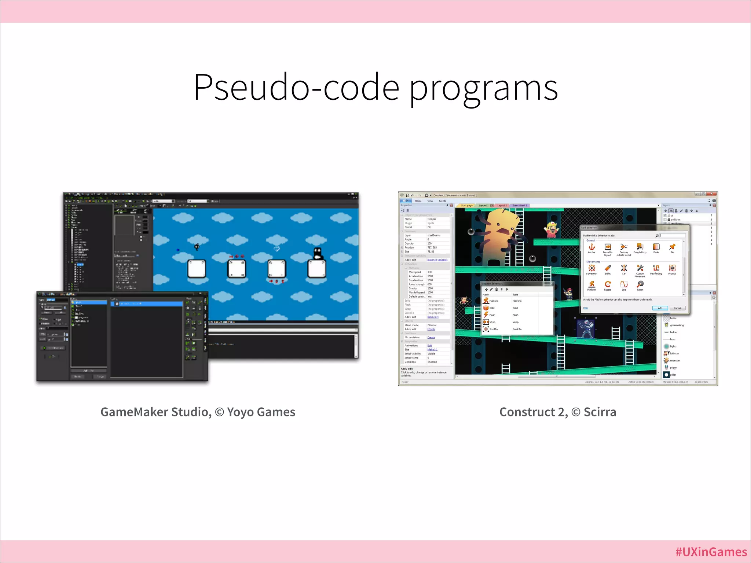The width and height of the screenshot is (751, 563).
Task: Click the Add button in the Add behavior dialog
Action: click(660, 308)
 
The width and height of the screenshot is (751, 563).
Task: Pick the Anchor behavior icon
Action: click(591, 247)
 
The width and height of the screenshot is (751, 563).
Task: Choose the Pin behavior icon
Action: click(672, 247)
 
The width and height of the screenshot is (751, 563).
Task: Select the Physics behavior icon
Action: click(672, 268)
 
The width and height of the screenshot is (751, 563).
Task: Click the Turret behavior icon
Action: click(640, 284)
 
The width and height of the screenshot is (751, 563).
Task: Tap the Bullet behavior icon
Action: click(608, 268)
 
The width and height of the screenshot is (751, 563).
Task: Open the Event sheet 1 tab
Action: click(520, 206)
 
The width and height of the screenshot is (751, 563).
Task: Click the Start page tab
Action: click(466, 206)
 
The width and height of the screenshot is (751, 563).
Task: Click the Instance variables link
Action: click(437, 260)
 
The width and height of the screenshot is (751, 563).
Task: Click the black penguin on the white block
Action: click(317, 253)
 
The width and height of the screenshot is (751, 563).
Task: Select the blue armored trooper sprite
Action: click(585, 328)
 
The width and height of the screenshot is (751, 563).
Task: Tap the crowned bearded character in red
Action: click(551, 229)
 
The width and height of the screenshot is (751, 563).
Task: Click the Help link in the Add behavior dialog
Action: click(585, 308)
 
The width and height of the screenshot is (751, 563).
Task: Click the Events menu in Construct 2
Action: click(442, 201)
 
